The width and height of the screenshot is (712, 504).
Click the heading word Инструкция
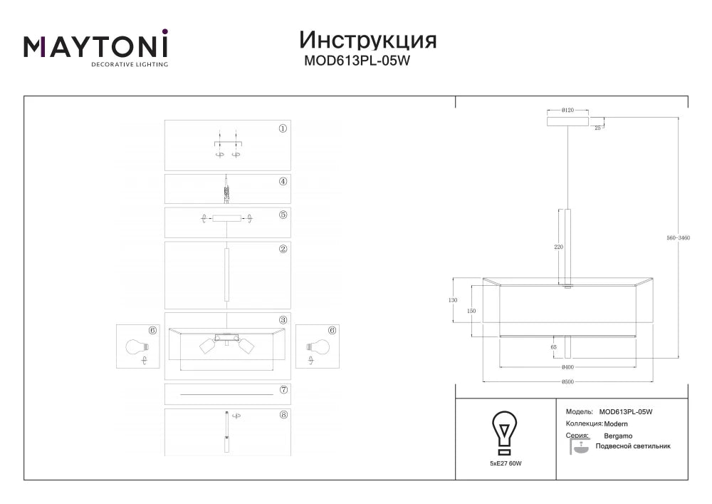tap(368, 40)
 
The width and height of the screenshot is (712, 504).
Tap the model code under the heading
tap(357, 61)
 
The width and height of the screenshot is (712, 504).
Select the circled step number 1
tap(283, 128)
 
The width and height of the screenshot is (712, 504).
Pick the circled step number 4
tap(283, 181)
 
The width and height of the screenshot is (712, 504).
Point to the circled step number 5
tap(283, 215)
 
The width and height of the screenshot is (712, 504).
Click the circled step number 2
tap(283, 249)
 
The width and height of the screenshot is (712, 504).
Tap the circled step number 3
tap(283, 320)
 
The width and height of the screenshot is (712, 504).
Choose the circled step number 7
tap(284, 389)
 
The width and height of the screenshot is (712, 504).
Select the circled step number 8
tap(284, 414)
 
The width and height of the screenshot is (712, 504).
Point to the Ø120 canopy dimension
tap(567, 110)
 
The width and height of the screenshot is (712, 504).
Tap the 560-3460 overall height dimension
tap(678, 237)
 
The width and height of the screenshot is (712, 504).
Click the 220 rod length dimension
tap(558, 247)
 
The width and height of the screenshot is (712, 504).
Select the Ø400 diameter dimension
tap(567, 367)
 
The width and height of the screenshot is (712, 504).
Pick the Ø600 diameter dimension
tap(567, 382)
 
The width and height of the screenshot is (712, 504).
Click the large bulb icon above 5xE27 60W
tap(505, 433)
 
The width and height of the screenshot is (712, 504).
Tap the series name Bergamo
tap(618, 436)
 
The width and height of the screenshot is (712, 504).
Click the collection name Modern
tap(616, 424)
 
